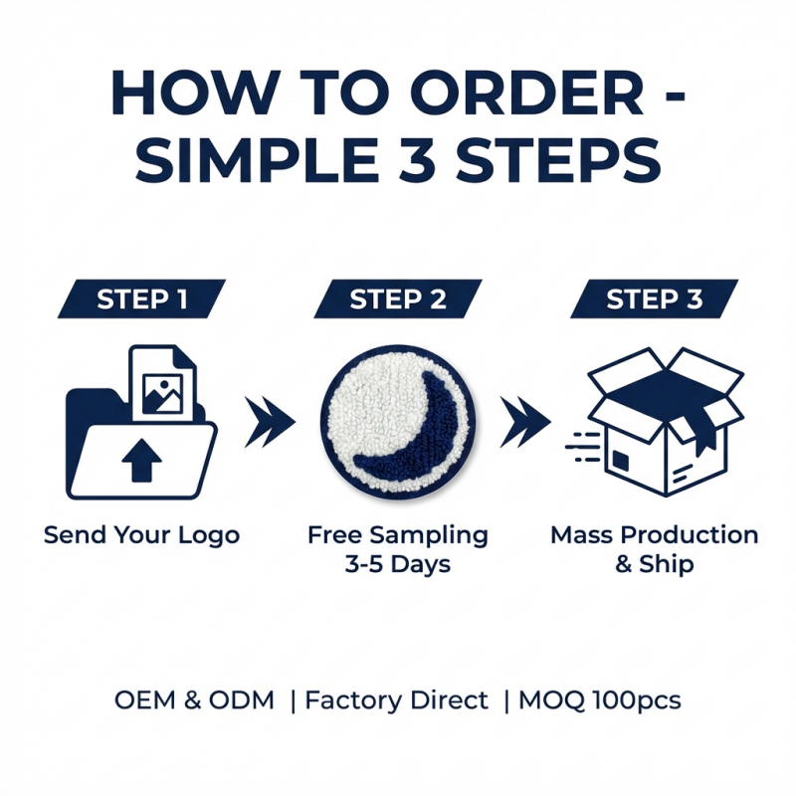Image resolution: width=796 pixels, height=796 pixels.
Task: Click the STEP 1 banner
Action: coord(141,299)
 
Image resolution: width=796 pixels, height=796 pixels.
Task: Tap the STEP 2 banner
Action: coord(397,299)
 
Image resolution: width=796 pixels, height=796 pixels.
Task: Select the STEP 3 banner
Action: coord(654,299)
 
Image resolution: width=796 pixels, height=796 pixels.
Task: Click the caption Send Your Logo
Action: coord(141,535)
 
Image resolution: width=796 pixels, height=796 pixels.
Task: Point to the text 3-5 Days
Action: coord(397,565)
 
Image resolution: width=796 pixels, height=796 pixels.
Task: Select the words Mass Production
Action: coord(654,535)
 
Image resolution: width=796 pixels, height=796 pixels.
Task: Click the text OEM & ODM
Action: coord(194,700)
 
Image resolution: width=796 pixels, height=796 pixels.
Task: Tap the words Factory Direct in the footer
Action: coord(396,700)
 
